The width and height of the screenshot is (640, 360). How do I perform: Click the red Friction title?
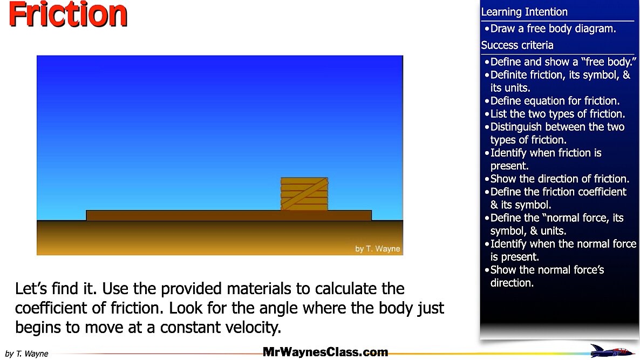68,15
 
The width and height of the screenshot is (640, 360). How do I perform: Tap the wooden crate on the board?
304,194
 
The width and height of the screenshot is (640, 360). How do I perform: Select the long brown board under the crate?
229,215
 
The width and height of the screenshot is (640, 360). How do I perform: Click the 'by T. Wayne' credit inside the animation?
378,249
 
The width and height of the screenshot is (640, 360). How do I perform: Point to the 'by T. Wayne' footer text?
26,354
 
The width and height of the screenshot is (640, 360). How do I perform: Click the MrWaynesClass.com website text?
325,352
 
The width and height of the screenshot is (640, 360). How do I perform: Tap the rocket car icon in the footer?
612,351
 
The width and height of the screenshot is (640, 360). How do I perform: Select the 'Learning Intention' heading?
524,12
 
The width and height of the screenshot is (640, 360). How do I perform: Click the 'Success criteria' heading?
517,45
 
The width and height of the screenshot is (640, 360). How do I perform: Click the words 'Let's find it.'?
56,289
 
